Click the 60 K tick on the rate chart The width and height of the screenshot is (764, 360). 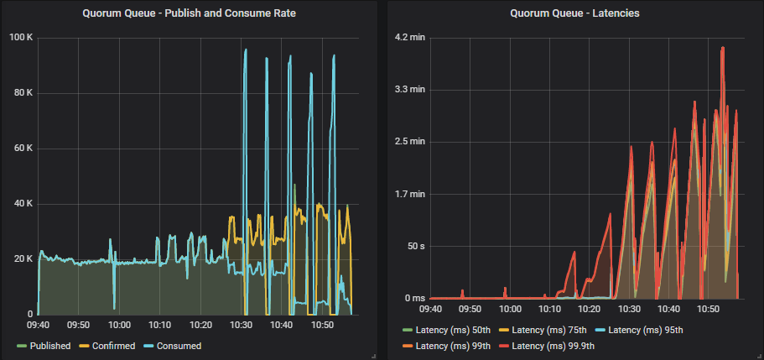(x=23, y=149)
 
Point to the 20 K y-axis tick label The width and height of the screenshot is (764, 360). (x=23, y=259)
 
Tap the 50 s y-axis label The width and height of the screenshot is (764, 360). (x=414, y=246)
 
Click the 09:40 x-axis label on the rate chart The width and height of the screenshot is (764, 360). (x=39, y=323)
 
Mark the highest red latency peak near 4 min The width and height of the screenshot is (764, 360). (x=722, y=49)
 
